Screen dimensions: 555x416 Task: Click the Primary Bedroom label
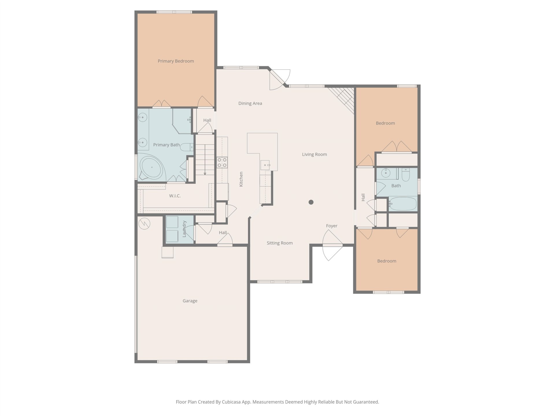point(176,61)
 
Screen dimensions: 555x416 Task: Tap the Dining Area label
point(250,103)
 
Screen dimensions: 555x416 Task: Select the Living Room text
point(314,155)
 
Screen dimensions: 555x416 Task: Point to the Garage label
point(190,301)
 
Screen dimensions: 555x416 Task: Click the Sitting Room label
point(280,243)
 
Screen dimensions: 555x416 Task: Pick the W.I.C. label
point(175,196)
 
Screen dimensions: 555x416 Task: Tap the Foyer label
point(332,226)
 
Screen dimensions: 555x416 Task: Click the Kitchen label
point(241,179)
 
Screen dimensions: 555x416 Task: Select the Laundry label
point(184,229)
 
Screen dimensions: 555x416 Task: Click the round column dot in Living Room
point(311,202)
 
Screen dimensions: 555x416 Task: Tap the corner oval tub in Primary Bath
point(151,168)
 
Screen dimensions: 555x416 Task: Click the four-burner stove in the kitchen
point(222,162)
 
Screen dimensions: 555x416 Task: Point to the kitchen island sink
point(265,165)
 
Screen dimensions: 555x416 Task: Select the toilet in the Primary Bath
point(187,147)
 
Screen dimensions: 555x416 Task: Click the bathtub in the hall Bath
point(403,204)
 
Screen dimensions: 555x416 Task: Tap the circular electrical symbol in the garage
point(144,223)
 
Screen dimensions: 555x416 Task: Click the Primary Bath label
point(166,145)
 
